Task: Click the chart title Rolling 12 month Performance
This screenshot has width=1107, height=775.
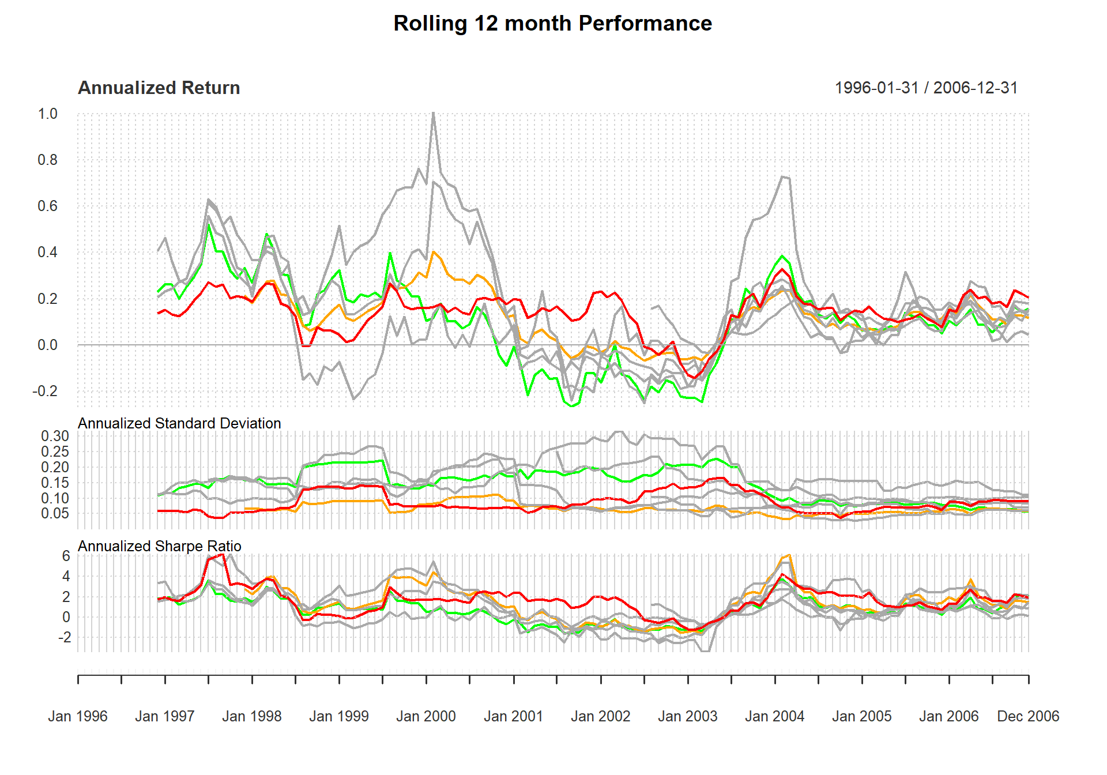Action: click(x=552, y=24)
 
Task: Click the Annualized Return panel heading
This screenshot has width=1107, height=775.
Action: click(x=159, y=88)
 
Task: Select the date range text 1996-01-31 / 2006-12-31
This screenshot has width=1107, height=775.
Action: click(x=926, y=88)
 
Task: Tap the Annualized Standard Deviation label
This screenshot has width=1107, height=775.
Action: click(x=179, y=423)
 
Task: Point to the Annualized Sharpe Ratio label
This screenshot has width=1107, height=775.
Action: click(x=159, y=546)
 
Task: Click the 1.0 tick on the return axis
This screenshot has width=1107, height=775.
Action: click(x=48, y=114)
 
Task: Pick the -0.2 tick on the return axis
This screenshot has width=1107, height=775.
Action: click(x=45, y=391)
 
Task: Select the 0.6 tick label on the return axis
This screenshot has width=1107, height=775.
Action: click(x=48, y=206)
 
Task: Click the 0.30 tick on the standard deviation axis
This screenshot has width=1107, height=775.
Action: click(x=55, y=436)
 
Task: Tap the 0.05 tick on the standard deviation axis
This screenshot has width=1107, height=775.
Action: click(x=55, y=513)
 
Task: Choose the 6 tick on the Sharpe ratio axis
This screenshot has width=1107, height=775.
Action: click(x=66, y=556)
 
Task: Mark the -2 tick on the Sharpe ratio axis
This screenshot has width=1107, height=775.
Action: click(x=63, y=637)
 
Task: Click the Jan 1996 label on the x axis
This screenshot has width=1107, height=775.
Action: click(x=78, y=716)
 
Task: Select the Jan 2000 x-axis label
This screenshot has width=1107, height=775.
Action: click(x=426, y=716)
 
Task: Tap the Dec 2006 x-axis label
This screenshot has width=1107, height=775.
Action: click(x=1028, y=716)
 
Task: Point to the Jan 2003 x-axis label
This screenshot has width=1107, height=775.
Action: click(x=687, y=716)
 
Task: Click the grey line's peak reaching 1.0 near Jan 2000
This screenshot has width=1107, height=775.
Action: click(x=433, y=114)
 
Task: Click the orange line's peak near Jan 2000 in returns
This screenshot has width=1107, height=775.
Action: click(x=434, y=252)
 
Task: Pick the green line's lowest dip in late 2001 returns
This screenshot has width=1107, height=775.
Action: click(x=572, y=406)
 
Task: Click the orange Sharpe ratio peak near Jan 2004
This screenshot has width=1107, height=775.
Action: click(x=789, y=555)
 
